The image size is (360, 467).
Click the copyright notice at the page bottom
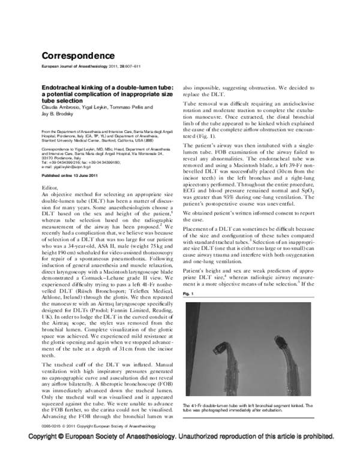(180, 454)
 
